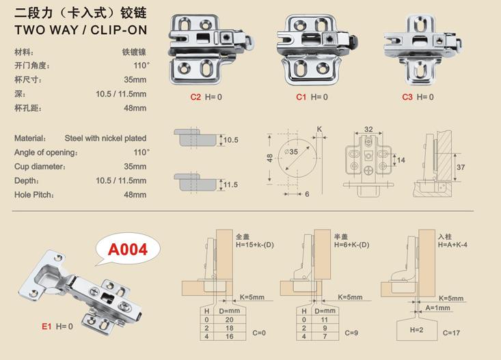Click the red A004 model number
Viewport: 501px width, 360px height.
(128, 249)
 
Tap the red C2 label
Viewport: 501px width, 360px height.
(195, 97)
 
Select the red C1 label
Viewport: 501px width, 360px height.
(301, 97)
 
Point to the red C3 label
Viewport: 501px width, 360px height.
(407, 97)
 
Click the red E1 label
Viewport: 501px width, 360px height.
(46, 326)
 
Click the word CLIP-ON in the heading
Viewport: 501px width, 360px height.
(119, 30)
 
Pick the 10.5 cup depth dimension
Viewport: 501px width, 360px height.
(231, 140)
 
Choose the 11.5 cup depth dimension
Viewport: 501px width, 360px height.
(231, 184)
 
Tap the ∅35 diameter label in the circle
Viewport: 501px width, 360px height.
(290, 152)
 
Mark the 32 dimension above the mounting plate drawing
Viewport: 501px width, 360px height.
(368, 129)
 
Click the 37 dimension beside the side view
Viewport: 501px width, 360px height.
(461, 167)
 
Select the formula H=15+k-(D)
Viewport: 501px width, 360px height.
(255, 245)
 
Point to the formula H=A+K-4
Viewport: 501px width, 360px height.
(452, 245)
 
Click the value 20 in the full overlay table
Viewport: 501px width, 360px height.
(229, 320)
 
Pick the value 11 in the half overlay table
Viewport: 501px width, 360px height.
(324, 320)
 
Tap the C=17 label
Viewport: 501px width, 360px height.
(452, 333)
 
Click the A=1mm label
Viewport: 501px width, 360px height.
(437, 308)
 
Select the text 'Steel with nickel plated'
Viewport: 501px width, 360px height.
(105, 138)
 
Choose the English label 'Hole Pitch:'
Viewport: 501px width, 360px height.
(34, 195)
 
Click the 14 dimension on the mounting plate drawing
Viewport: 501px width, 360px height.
(401, 160)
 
